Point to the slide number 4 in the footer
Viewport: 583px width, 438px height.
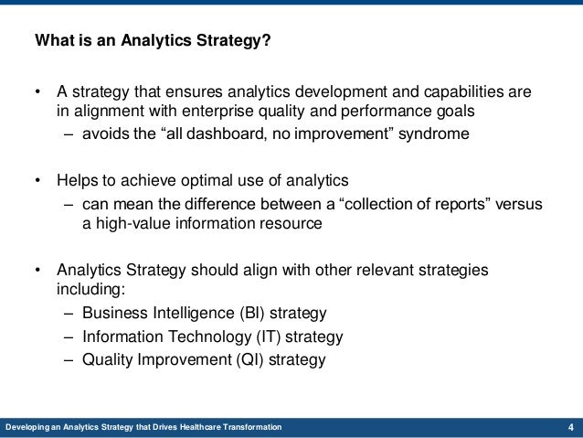pos(570,428)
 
